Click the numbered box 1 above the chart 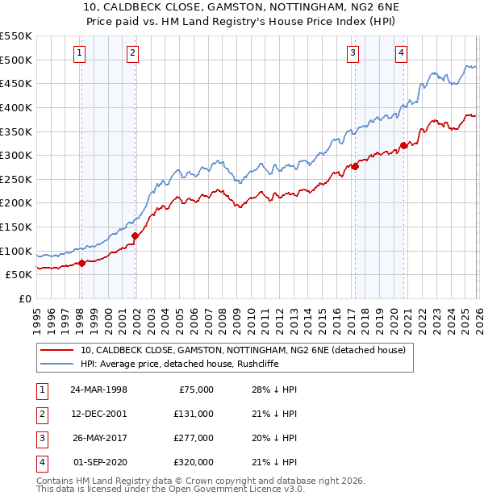(x=81, y=54)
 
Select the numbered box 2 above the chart (x=132, y=54)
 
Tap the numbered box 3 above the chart (x=353, y=54)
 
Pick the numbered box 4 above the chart (x=401, y=54)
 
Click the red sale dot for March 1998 (x=82, y=263)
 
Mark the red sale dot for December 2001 (x=136, y=235)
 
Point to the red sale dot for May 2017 (x=355, y=167)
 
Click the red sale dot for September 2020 (x=404, y=146)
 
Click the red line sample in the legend (x=57, y=350)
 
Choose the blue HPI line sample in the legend (x=57, y=364)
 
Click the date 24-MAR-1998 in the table (x=99, y=390)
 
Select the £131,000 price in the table (x=194, y=414)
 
